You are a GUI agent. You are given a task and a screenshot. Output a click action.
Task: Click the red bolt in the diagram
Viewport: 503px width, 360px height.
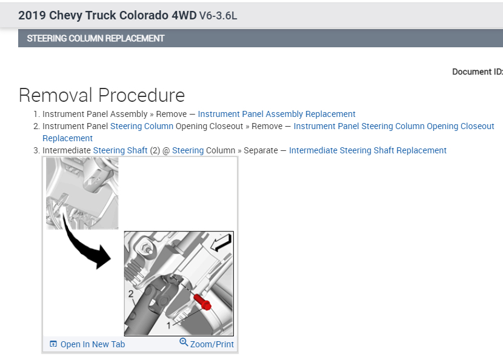(203, 301)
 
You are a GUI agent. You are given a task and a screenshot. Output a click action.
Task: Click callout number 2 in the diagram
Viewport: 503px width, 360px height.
(130, 294)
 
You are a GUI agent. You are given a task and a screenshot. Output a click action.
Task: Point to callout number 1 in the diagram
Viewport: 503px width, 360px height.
(169, 325)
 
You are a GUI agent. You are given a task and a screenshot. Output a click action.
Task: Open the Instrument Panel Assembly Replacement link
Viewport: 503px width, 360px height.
(276, 114)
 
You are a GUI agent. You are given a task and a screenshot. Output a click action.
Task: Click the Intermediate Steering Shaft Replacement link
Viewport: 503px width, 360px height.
(367, 150)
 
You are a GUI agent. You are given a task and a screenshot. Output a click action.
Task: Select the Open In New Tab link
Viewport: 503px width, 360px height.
(92, 344)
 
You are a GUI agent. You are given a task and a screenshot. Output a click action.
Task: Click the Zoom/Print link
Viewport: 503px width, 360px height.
(212, 344)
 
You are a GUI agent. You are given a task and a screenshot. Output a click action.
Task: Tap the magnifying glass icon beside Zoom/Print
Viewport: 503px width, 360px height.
(184, 343)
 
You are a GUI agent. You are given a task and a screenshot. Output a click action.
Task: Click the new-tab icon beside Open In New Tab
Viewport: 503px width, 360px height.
(53, 344)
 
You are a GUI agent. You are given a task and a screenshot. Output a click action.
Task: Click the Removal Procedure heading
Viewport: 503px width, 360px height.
(102, 95)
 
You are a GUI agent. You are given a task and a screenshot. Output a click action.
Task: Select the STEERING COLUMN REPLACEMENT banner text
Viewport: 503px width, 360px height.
(96, 38)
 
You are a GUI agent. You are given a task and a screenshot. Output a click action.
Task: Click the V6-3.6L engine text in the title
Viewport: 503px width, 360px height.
(218, 16)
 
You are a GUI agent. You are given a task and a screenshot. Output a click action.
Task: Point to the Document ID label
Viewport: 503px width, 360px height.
(477, 72)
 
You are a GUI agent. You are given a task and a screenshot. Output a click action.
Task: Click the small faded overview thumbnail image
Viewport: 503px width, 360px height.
(82, 193)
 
